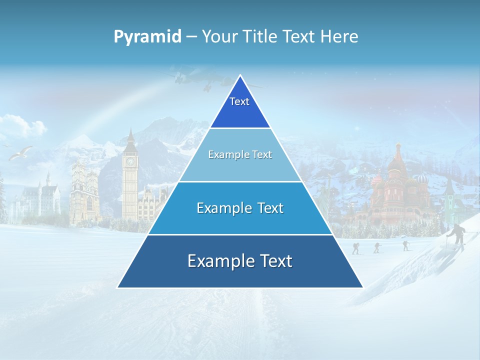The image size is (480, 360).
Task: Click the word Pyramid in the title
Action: click(147, 36)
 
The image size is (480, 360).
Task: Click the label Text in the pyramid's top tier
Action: click(239, 101)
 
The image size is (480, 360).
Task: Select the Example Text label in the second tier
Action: click(240, 154)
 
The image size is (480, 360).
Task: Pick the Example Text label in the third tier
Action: click(240, 208)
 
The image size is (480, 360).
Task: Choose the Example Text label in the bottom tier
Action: click(240, 261)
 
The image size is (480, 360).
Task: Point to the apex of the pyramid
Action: click(240, 76)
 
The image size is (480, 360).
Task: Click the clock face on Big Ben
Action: click(130, 161)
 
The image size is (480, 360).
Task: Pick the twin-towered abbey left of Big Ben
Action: click(84, 190)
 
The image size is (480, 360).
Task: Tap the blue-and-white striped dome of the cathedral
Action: click(422, 178)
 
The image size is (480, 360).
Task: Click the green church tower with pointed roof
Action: click(449, 195)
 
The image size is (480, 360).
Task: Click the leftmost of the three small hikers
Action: click(355, 248)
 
